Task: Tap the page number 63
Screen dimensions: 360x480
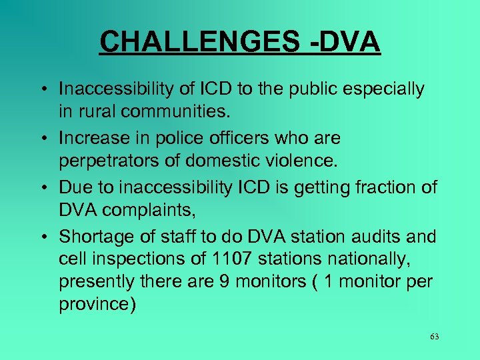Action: [434, 336]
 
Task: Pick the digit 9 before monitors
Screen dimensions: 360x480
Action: [225, 281]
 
